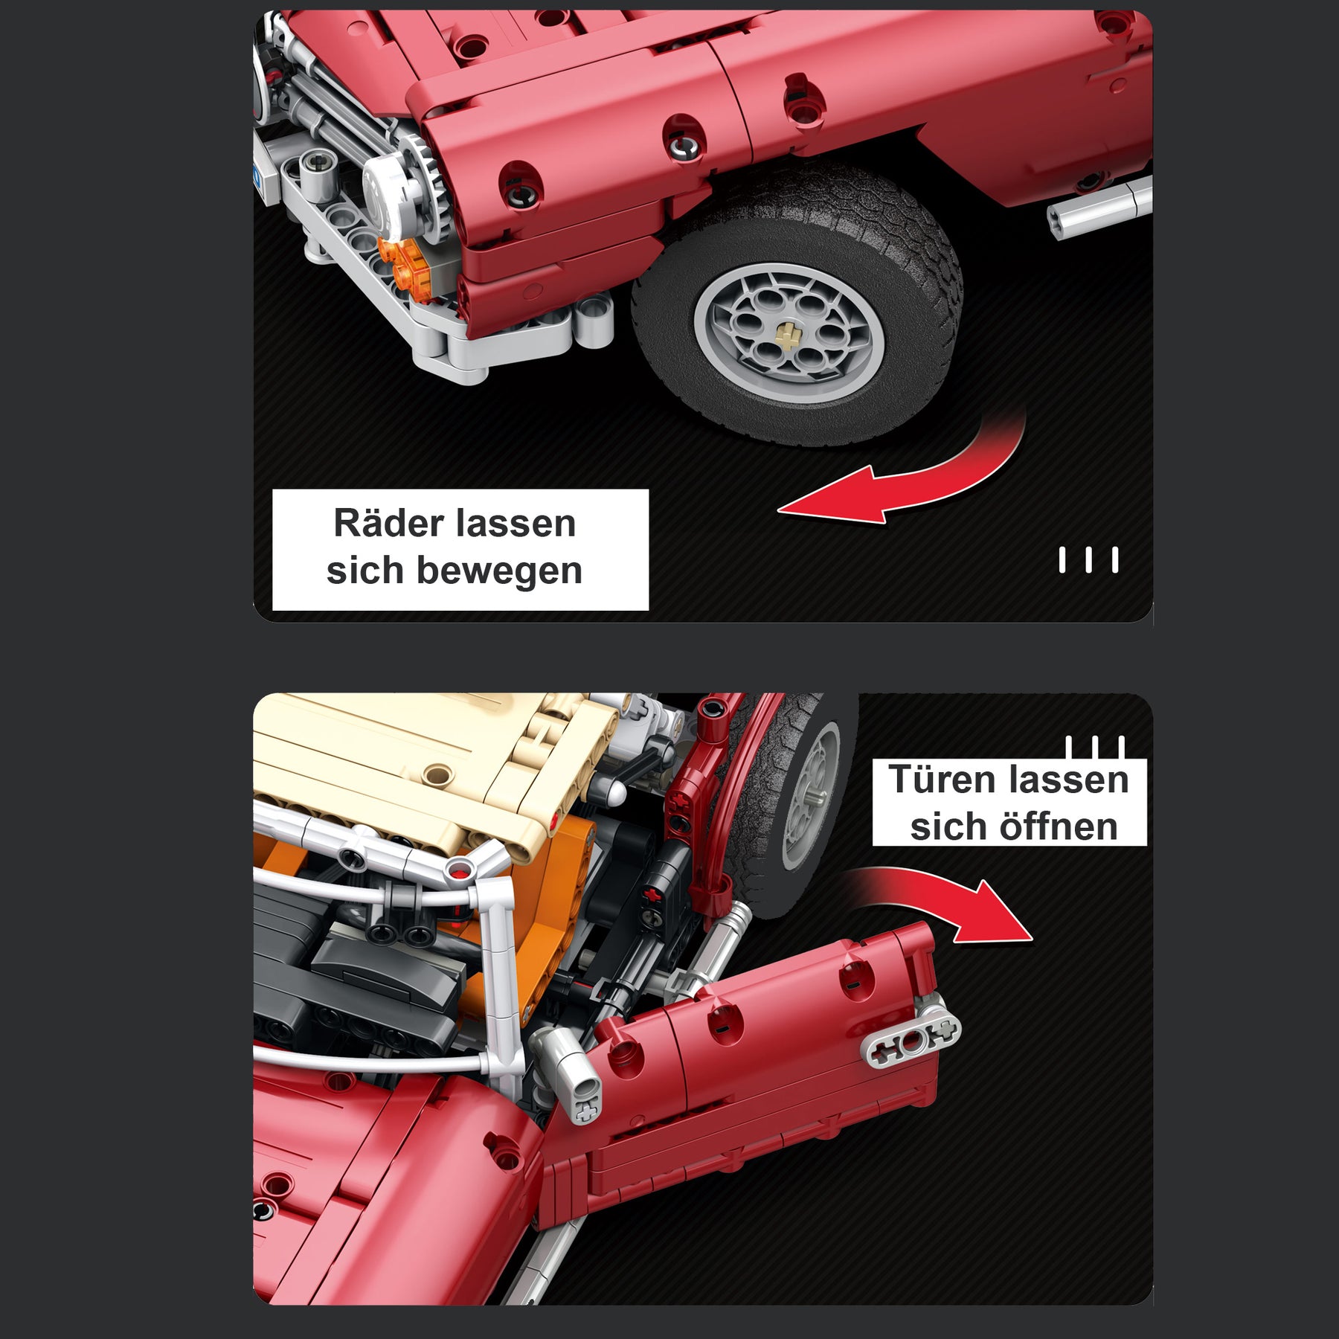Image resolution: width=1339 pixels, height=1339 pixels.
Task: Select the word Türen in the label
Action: pos(943,780)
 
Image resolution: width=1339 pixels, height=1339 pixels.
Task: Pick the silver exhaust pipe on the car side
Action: pos(1099,208)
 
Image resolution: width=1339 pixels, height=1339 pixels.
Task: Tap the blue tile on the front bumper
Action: pos(257,177)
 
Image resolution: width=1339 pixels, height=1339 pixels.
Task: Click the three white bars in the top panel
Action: pos(1088,560)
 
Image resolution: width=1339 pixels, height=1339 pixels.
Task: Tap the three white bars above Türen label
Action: pos(1094,747)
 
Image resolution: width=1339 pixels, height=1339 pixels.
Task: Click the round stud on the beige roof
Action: pos(440,776)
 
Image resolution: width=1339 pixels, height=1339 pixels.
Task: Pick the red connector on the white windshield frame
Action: pos(460,868)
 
